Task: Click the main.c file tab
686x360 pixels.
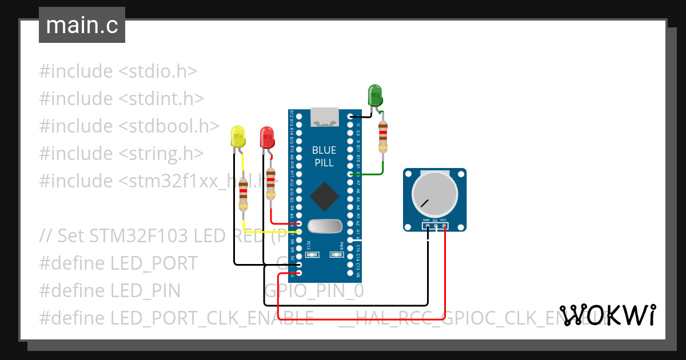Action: (82, 26)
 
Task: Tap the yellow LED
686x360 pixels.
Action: (237, 137)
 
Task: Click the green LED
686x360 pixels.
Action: (375, 95)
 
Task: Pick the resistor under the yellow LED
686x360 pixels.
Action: (244, 194)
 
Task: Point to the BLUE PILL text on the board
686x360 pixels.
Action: (324, 156)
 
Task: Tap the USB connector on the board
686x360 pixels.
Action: (324, 117)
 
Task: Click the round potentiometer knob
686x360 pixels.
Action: (435, 194)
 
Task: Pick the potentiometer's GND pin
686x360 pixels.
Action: (426, 226)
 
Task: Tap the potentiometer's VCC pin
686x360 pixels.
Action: (444, 226)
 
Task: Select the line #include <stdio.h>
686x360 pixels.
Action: (118, 71)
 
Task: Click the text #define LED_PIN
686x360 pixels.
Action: (110, 291)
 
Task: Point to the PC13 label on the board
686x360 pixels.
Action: (309, 246)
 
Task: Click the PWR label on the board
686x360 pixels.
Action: (341, 246)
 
